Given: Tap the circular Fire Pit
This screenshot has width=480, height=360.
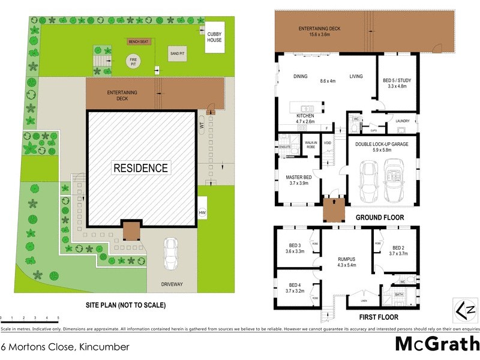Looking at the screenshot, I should (131, 61).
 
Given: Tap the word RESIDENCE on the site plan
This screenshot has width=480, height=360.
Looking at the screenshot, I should (141, 167).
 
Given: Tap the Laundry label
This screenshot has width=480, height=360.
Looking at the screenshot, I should (403, 121).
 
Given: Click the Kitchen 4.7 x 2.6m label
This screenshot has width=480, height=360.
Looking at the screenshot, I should (306, 118).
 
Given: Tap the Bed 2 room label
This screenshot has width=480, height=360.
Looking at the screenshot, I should (400, 250).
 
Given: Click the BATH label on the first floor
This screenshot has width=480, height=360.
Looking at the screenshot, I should (399, 294).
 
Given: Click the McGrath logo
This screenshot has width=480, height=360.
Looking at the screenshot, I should (436, 344).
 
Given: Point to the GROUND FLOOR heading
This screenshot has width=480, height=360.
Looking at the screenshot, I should (380, 217).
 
